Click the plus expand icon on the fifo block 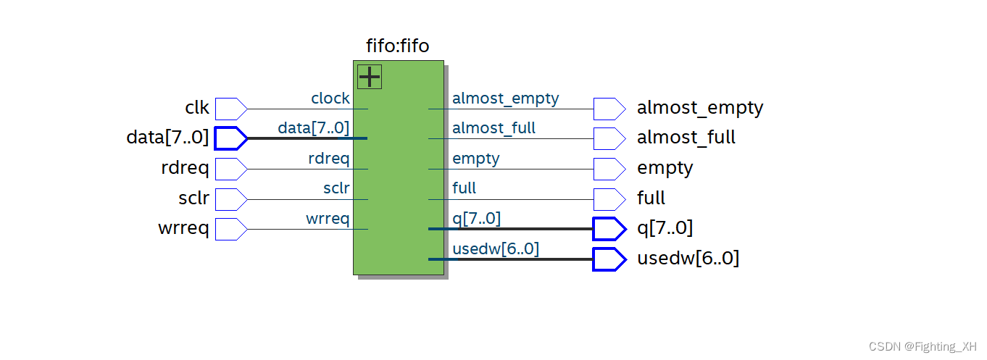click(x=370, y=77)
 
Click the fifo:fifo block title click(x=398, y=46)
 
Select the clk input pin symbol click(x=230, y=109)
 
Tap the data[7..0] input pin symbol click(x=230, y=138)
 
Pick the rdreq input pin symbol click(x=230, y=169)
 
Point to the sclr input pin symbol click(x=230, y=199)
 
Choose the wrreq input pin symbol click(x=230, y=230)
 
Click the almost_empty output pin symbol click(x=609, y=109)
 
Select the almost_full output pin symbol click(x=609, y=138)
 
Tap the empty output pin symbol click(x=609, y=169)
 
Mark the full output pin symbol click(x=609, y=198)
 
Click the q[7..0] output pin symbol click(x=609, y=229)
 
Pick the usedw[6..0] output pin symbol click(x=609, y=259)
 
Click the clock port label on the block click(x=330, y=99)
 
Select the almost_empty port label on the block click(x=505, y=99)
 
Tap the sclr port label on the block click(x=336, y=189)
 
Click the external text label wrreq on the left click(x=183, y=230)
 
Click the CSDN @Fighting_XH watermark click(x=922, y=347)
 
